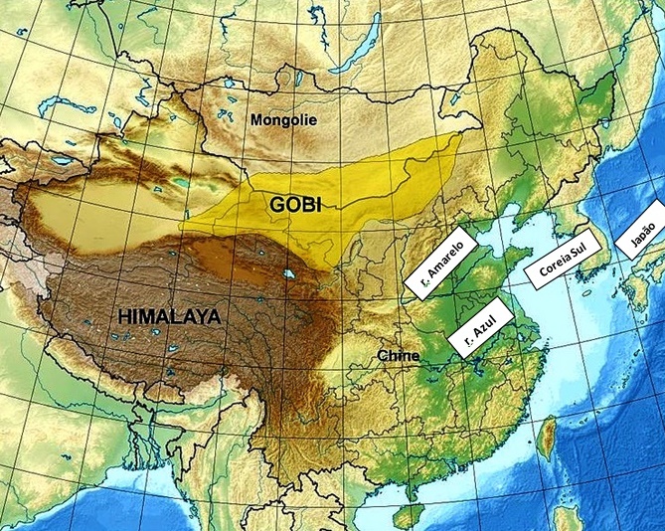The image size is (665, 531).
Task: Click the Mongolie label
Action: coord(283,120)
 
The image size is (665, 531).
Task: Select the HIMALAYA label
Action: coord(170,317)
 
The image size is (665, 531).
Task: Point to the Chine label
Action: coord(399,355)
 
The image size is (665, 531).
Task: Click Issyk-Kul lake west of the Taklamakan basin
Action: coord(65,159)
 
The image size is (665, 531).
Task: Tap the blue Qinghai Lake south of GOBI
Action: coord(288,272)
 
